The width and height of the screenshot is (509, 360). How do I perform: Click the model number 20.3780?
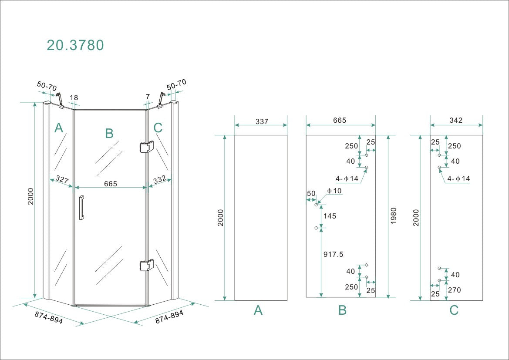tap(75, 45)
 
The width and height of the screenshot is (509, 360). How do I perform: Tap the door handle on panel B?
tap(81, 208)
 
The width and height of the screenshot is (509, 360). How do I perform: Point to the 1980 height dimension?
tap(394, 216)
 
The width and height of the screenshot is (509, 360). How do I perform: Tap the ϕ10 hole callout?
tap(334, 191)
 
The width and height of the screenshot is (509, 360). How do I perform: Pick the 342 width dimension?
tap(456, 121)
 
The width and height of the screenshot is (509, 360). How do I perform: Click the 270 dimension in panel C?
tap(455, 290)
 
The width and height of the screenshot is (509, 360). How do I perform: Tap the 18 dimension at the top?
tap(74, 98)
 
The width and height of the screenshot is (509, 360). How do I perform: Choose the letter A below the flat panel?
tap(258, 310)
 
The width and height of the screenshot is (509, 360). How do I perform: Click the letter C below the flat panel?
tap(454, 310)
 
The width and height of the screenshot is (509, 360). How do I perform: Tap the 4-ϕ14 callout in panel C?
tap(458, 178)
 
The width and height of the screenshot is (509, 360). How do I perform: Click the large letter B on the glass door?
tap(109, 133)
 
